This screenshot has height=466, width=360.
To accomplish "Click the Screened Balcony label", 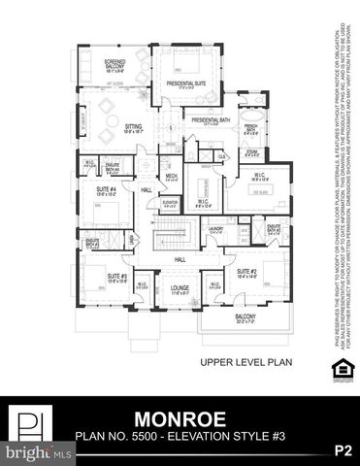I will pyautogui.click(x=121, y=63).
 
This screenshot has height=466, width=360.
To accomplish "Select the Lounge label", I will pyautogui.click(x=180, y=289).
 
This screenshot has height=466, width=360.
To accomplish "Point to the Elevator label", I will pyautogui.click(x=170, y=202).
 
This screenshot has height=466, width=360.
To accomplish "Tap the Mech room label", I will pyautogui.click(x=170, y=178).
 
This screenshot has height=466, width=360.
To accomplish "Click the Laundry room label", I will pyautogui.click(x=215, y=229).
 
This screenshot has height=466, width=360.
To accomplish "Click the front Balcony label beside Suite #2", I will pyautogui.click(x=244, y=318).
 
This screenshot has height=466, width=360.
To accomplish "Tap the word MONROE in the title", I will pyautogui.click(x=180, y=420).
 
